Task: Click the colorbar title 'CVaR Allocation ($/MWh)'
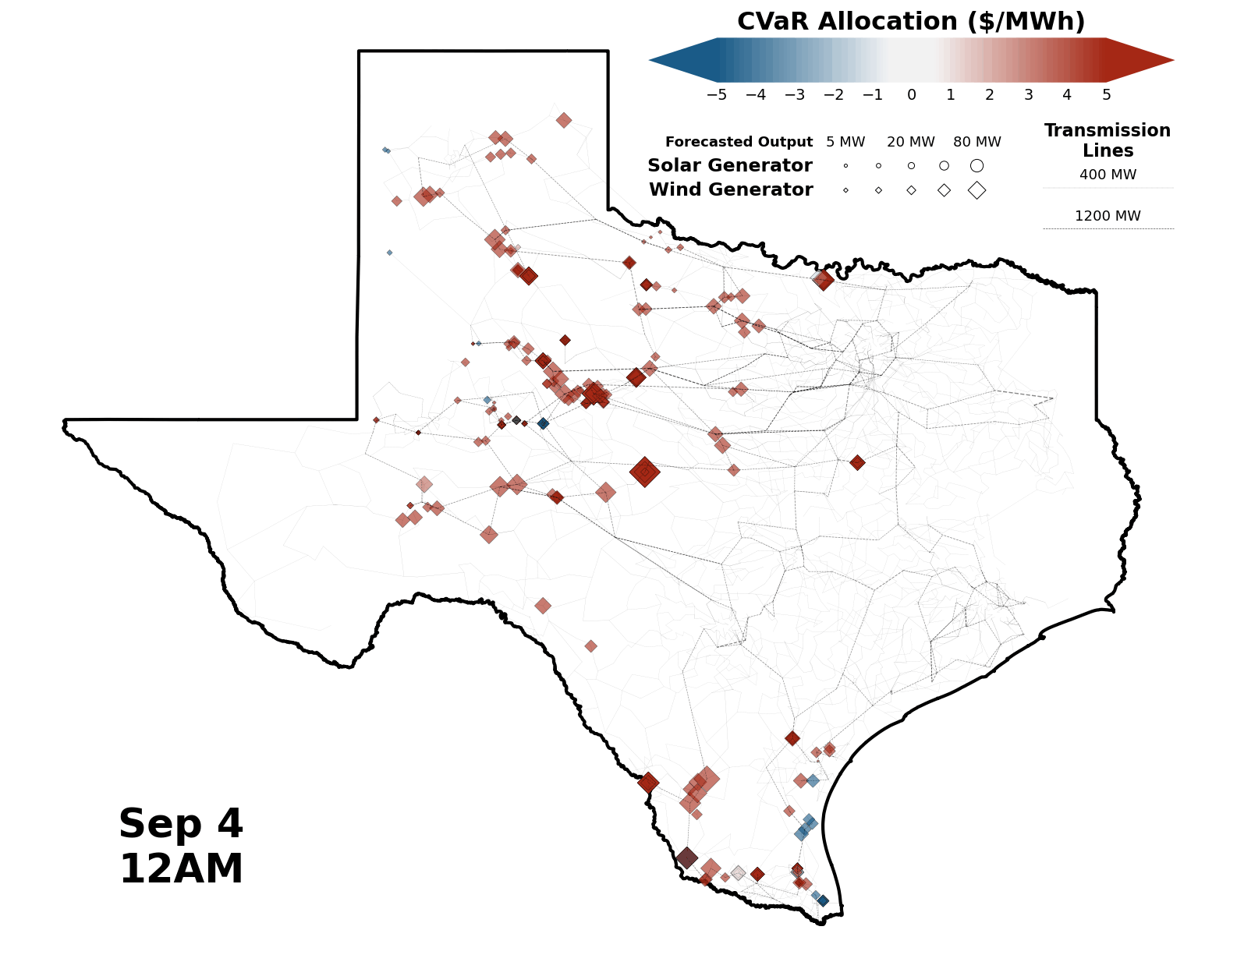coord(911,22)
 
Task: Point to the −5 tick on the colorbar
coord(716,95)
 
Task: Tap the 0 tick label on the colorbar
coord(911,95)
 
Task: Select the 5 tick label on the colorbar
coord(1106,95)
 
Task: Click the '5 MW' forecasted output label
coord(845,142)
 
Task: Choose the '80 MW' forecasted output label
coord(976,142)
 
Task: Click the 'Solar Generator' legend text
coord(729,165)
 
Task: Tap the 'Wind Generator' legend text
coord(731,189)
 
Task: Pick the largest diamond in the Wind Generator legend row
coord(976,190)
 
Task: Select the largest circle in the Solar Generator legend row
coord(976,165)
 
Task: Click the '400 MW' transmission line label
coord(1108,175)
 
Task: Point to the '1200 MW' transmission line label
coord(1108,216)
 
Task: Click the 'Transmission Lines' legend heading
coord(1108,140)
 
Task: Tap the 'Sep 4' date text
coord(181,824)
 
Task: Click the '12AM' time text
coord(181,869)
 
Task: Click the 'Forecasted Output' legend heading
coord(739,142)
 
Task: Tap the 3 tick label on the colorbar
coord(1028,95)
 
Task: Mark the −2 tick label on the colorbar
coord(833,95)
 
